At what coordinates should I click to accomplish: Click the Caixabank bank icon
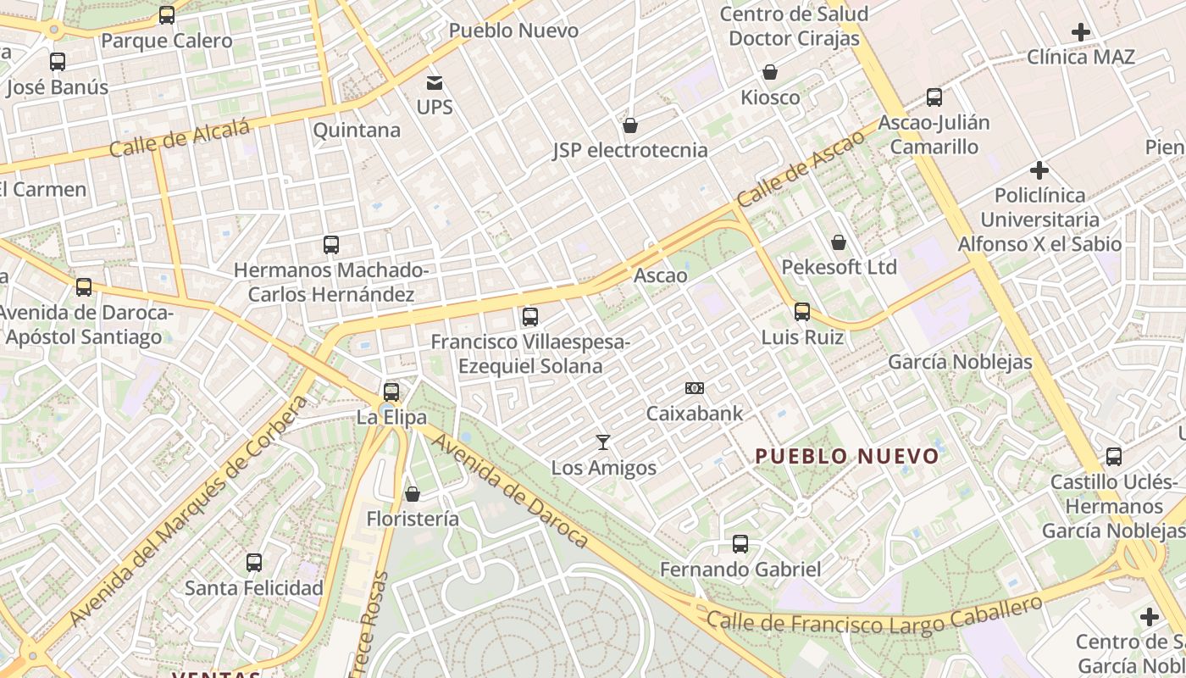pyautogui.click(x=695, y=388)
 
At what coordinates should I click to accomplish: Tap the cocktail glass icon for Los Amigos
pyautogui.click(x=603, y=442)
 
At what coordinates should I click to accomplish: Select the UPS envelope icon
pyautogui.click(x=435, y=83)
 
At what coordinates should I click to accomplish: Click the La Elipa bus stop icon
pyautogui.click(x=391, y=392)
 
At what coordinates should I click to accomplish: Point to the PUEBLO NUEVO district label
pyautogui.click(x=847, y=457)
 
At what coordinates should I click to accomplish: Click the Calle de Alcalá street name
pyautogui.click(x=180, y=138)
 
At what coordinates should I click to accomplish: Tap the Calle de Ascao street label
pyautogui.click(x=801, y=169)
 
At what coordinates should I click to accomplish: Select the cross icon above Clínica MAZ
pyautogui.click(x=1080, y=32)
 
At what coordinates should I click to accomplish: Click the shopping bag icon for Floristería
pyautogui.click(x=413, y=493)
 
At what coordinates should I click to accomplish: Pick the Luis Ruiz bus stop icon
pyautogui.click(x=802, y=311)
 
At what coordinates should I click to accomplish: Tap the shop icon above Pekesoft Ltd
pyautogui.click(x=839, y=242)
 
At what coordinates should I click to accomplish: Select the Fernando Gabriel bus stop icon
pyautogui.click(x=740, y=543)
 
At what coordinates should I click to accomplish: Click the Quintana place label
pyautogui.click(x=357, y=131)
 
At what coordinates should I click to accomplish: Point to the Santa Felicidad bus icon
pyautogui.click(x=254, y=562)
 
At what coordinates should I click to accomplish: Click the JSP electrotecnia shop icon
pyautogui.click(x=630, y=125)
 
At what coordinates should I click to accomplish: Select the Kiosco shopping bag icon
pyautogui.click(x=770, y=72)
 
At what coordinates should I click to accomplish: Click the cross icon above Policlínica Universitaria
pyautogui.click(x=1039, y=169)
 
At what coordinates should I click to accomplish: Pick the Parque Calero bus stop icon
pyautogui.click(x=167, y=14)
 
